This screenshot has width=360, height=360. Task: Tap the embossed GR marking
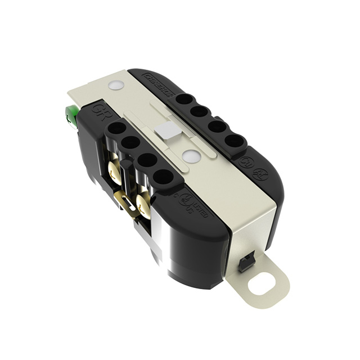click(99, 107)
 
